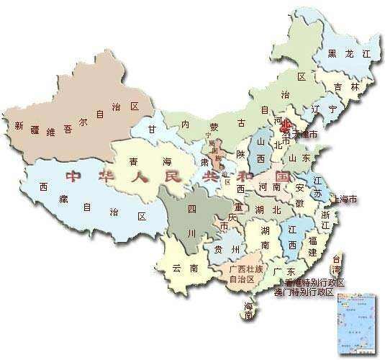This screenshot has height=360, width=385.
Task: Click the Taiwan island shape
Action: click(x=338, y=264)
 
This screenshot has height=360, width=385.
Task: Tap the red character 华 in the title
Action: click(x=103, y=175)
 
